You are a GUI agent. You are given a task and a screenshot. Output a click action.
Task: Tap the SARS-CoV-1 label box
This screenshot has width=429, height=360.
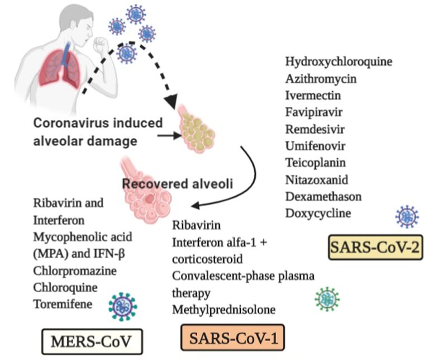point(232,338)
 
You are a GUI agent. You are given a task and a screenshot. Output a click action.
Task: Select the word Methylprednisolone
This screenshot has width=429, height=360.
point(223,309)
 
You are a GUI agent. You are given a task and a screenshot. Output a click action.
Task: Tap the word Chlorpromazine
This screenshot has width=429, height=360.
point(75,271)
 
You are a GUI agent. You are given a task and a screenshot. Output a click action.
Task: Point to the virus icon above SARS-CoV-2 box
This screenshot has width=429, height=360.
point(407,216)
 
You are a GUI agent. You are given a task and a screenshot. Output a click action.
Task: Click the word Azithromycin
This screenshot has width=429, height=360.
point(321,78)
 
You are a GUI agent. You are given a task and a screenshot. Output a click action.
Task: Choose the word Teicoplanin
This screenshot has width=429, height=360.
point(315,163)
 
